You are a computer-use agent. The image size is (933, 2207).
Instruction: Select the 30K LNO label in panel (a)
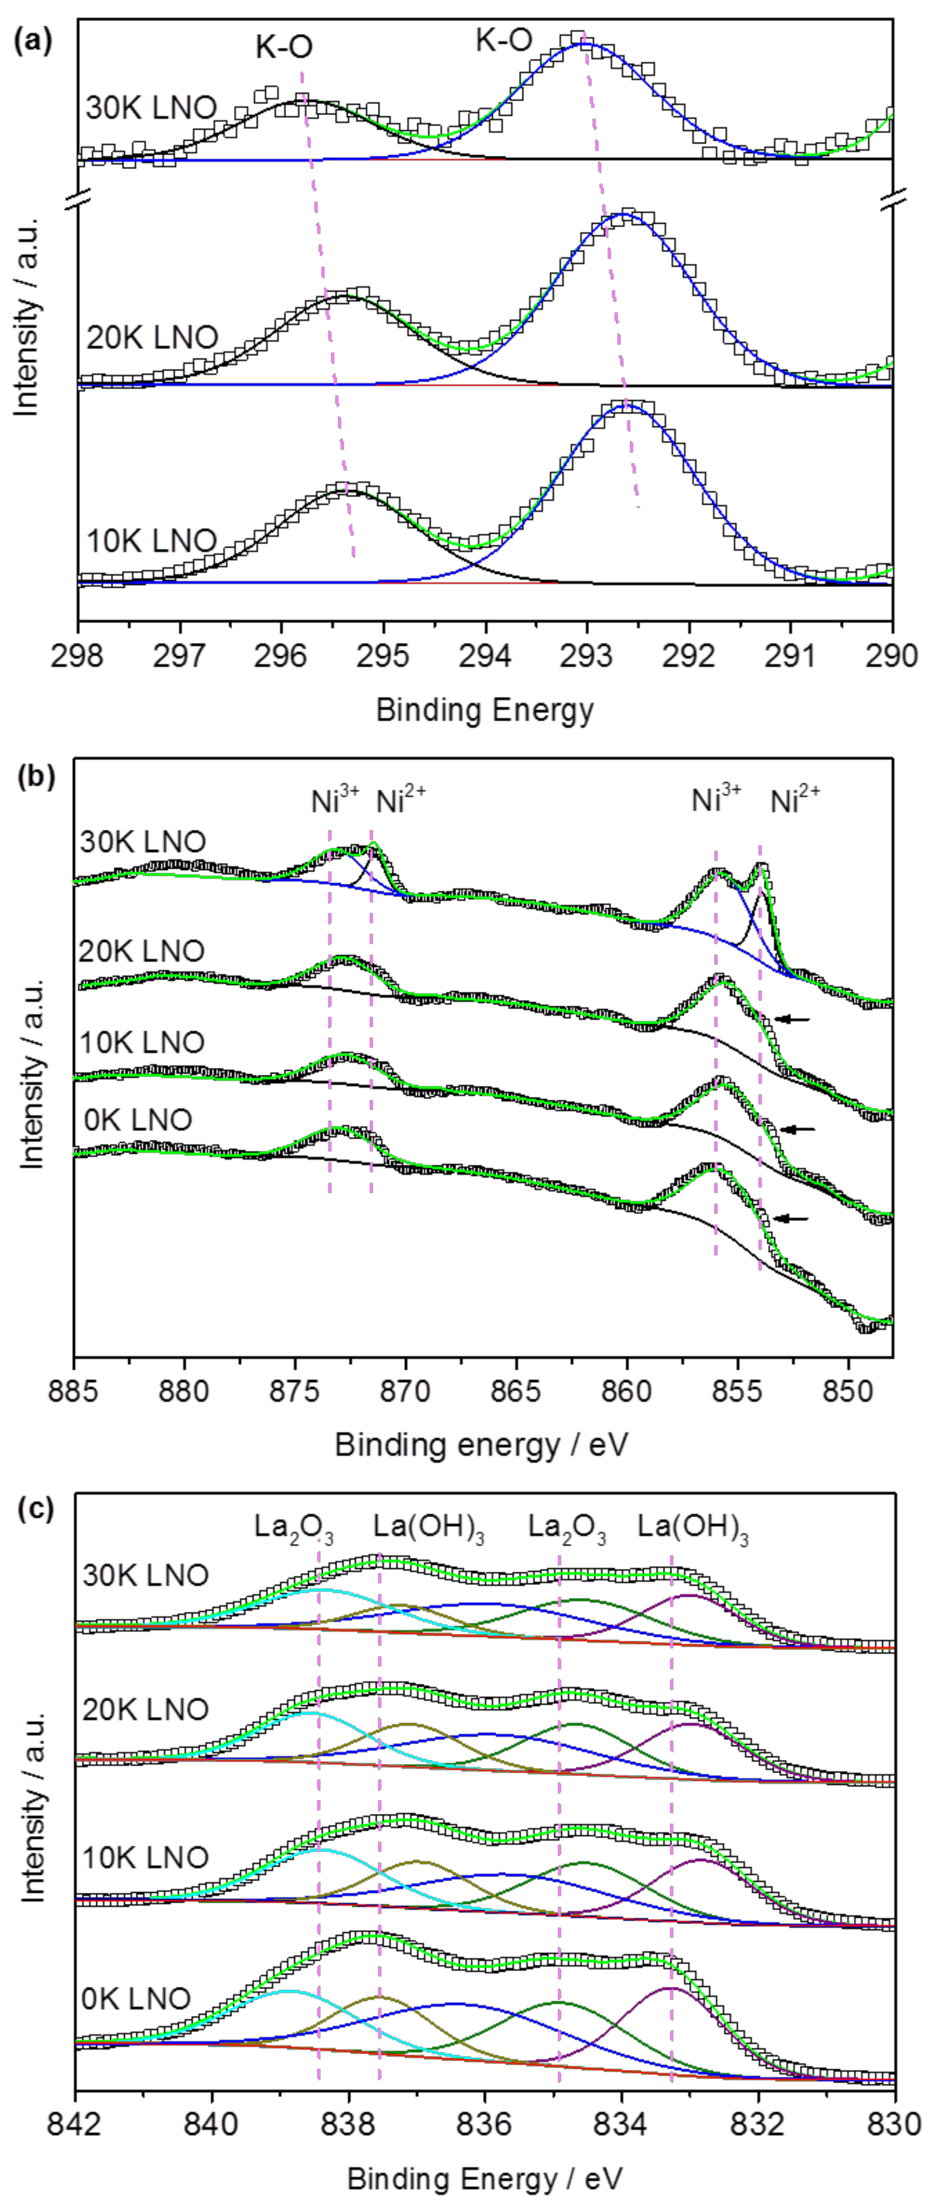[151, 109]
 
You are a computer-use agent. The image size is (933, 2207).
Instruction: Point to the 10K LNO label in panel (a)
[151, 541]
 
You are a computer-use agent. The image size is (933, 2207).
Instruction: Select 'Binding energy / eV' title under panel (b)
[482, 1446]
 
